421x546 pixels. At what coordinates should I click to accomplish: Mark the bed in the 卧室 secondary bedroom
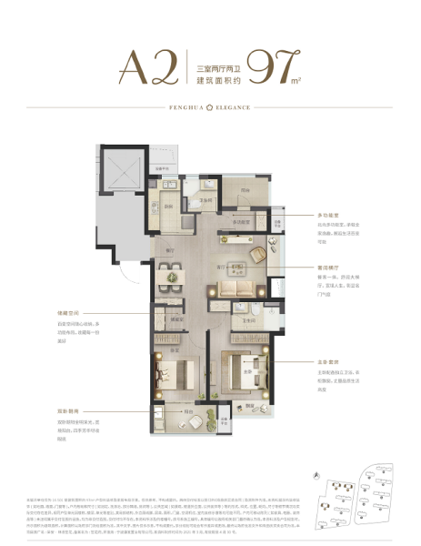click(x=170, y=373)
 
